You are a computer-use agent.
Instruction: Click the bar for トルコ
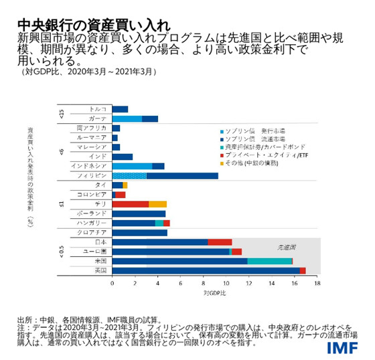(120, 109)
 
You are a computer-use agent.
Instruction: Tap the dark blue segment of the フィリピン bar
(181, 175)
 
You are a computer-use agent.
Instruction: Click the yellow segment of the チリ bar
(157, 203)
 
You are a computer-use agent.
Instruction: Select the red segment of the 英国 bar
(303, 270)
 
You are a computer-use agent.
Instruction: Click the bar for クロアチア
(139, 232)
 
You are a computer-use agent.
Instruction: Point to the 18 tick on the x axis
(317, 284)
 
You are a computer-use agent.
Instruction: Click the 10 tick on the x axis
(226, 284)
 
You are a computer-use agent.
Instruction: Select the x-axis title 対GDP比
(214, 293)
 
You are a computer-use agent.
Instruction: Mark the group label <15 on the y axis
(61, 114)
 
